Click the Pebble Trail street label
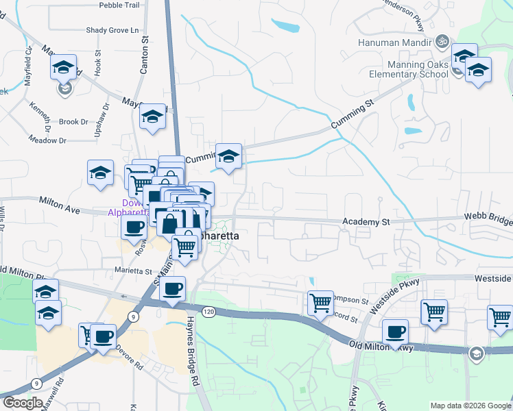(x=119, y=5)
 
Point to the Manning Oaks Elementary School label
(x=409, y=69)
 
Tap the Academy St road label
(x=366, y=222)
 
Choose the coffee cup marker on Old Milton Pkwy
(x=395, y=332)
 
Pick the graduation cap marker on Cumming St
(x=228, y=156)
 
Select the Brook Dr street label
(x=73, y=122)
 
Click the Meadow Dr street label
(x=47, y=140)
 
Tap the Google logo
(x=22, y=403)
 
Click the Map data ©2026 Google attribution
(x=470, y=406)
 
